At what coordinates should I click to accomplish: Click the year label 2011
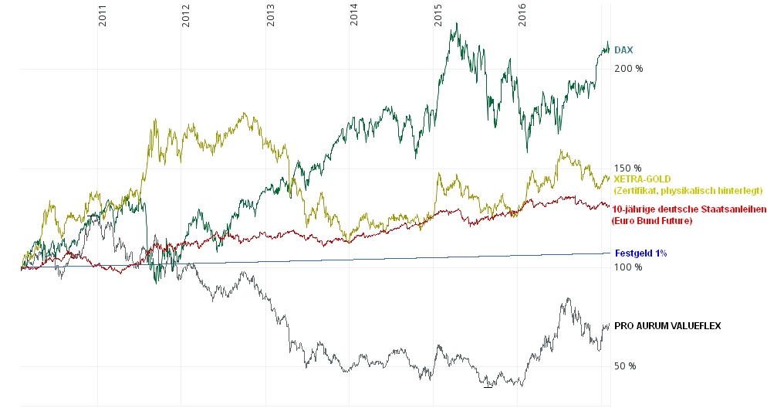click(x=102, y=15)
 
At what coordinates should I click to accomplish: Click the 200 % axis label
click(x=628, y=69)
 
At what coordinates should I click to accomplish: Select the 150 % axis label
click(x=628, y=168)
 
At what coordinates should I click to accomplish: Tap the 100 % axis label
click(x=628, y=267)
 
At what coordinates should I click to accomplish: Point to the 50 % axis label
click(x=625, y=366)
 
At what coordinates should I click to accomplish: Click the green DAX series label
click(x=623, y=50)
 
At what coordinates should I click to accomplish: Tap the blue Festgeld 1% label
click(x=640, y=253)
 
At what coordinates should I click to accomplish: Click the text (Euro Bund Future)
click(x=651, y=221)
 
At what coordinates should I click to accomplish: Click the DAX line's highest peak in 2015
click(x=458, y=23)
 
